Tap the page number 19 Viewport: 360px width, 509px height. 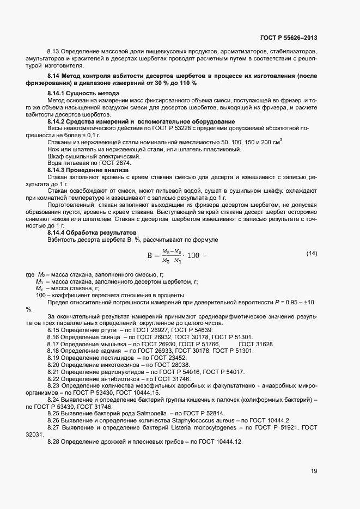click(314, 471)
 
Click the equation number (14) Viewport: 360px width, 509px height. click(312, 253)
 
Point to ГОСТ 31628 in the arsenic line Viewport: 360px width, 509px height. click(255, 344)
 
